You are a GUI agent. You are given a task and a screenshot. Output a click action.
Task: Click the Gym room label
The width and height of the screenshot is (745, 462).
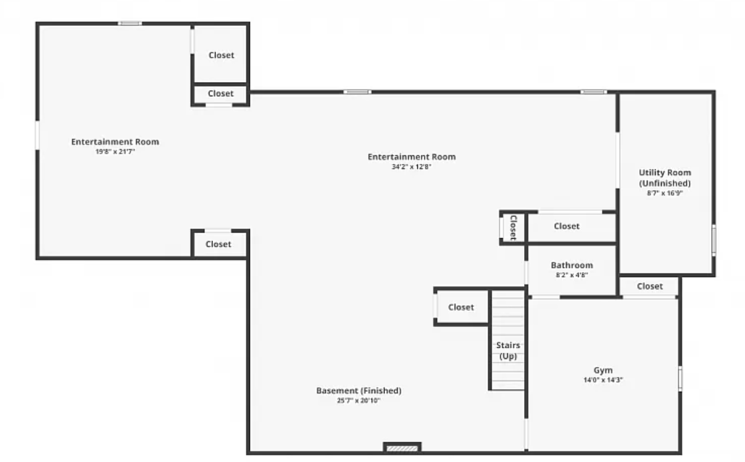coord(603,370)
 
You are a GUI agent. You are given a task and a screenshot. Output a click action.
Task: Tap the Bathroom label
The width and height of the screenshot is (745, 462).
coord(572,265)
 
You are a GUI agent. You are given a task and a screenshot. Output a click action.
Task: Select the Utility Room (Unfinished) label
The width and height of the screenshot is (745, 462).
coord(665,178)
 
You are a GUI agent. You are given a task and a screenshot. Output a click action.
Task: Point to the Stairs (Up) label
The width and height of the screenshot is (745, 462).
coord(508,350)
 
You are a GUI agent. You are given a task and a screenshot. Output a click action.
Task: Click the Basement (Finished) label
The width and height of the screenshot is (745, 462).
coord(359,390)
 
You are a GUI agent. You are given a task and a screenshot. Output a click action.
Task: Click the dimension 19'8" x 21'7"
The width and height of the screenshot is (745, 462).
coord(115,152)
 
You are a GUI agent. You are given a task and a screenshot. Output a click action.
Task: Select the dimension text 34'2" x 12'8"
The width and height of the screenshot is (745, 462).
coord(412,167)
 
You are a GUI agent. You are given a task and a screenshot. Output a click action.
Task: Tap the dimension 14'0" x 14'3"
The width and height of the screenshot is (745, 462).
coord(603,380)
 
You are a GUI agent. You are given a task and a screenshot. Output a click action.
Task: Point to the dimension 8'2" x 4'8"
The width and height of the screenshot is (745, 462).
coord(572,275)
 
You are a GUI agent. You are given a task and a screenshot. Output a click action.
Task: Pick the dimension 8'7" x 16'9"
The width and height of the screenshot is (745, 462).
coord(665,193)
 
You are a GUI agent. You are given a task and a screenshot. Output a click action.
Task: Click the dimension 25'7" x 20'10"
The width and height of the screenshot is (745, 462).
coord(359,400)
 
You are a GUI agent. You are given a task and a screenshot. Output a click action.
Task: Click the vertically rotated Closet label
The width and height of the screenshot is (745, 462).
coord(513,228)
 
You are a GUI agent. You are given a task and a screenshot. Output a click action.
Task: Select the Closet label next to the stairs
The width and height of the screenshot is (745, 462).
coord(460,307)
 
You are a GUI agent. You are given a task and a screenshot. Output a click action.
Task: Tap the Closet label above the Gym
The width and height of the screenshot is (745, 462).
coord(649,286)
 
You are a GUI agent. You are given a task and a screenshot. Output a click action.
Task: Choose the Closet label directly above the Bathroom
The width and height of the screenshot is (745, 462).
coord(567,226)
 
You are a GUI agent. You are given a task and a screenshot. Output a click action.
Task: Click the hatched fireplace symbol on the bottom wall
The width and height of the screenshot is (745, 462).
coord(402,448)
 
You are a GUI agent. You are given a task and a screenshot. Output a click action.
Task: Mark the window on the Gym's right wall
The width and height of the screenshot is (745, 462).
coord(680,379)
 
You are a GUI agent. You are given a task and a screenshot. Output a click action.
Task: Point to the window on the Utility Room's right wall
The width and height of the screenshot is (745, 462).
coord(714,241)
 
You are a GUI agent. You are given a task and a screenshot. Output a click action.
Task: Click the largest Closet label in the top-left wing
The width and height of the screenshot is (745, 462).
coord(221,55)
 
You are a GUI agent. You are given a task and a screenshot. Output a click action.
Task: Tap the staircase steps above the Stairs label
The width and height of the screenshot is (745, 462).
coord(507,316)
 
